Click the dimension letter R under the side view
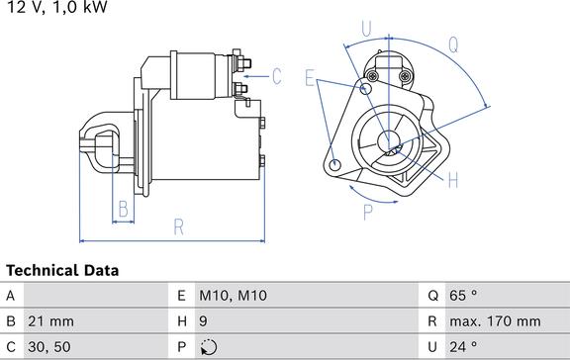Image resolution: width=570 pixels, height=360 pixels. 179,227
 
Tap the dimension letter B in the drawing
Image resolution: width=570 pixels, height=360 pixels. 124,209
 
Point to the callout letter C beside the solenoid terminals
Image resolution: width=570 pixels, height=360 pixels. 277,76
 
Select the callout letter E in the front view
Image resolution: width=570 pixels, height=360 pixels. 310,78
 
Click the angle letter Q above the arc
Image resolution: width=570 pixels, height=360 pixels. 453,45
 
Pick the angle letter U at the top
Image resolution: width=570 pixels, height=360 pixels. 366,29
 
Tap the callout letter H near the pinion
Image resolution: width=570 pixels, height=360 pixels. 453,180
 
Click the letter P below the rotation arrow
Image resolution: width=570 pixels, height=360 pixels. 368,213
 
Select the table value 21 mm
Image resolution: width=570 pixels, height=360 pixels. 50,321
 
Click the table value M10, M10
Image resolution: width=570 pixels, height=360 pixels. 233,296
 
